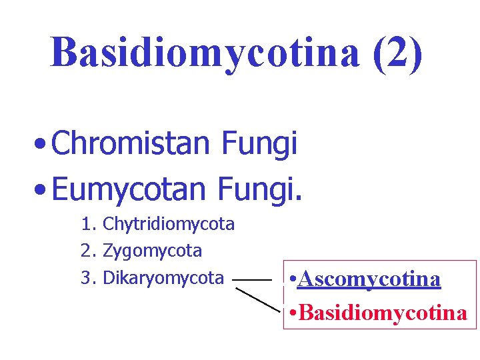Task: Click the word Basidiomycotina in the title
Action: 205,53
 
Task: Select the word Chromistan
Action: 130,144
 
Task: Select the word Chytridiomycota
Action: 169,225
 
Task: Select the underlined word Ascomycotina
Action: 370,279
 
